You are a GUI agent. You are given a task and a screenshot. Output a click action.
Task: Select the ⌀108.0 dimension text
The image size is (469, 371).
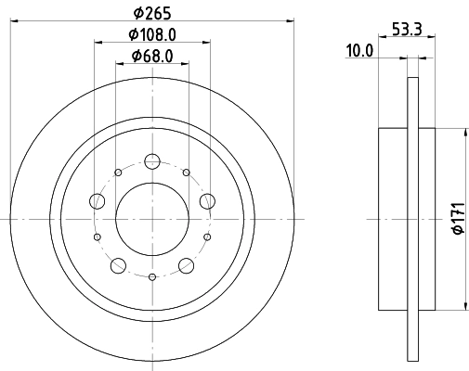153,34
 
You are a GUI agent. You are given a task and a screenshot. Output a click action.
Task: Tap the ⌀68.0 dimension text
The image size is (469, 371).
153,57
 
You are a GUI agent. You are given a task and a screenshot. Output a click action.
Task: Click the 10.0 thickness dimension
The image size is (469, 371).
359,52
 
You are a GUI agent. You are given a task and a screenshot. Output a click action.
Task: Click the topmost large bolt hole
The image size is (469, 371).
153,160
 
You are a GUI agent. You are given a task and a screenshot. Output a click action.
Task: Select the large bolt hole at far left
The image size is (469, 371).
97,199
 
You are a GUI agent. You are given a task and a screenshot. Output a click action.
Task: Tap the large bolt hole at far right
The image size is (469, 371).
209,199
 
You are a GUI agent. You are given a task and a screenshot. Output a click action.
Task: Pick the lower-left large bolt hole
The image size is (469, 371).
118,265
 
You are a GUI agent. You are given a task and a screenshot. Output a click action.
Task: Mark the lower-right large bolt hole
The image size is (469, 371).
188,265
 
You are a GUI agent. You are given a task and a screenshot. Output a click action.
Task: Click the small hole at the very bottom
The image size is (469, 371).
153,276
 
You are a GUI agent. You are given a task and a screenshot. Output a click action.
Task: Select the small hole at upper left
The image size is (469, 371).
118,172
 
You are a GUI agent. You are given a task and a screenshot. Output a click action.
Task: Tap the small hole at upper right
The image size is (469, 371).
187,172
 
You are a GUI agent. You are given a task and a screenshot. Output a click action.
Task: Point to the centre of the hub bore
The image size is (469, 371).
153,218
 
